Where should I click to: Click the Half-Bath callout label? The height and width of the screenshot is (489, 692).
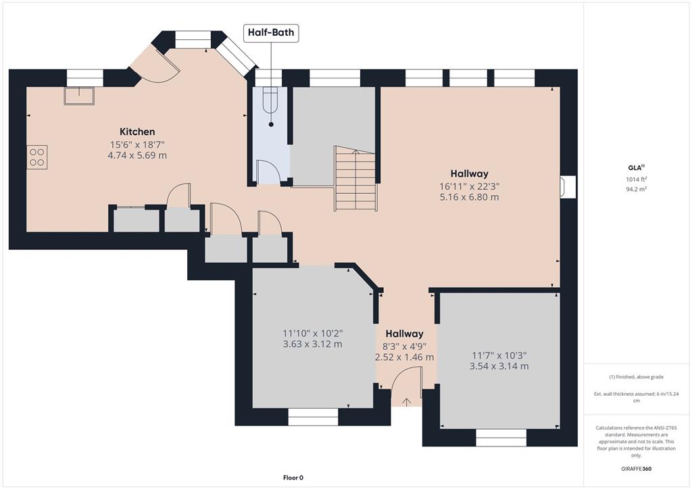(x=271, y=32)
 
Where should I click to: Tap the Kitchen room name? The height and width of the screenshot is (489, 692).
(x=137, y=132)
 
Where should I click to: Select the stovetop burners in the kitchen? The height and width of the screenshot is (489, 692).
(x=36, y=157)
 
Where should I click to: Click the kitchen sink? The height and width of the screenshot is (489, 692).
(x=79, y=96)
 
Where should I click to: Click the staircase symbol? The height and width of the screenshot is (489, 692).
(x=355, y=178)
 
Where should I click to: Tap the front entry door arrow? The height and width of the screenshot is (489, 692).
(x=406, y=402)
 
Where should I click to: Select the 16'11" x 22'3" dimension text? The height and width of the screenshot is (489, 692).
(x=469, y=186)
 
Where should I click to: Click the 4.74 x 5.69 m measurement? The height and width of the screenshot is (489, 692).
(x=137, y=155)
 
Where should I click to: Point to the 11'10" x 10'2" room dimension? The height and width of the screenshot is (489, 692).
(x=312, y=334)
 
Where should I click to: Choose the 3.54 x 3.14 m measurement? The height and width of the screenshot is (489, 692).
(x=499, y=366)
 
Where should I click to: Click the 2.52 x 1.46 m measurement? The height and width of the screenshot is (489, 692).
(x=404, y=357)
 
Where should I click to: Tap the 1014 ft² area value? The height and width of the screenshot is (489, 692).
(x=637, y=179)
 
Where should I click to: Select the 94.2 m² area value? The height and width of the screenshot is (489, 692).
(x=637, y=189)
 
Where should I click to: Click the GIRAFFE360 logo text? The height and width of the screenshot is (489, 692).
(x=636, y=469)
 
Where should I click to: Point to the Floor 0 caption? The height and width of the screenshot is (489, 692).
(x=293, y=478)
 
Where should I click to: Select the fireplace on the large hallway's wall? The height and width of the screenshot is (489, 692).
(x=568, y=186)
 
